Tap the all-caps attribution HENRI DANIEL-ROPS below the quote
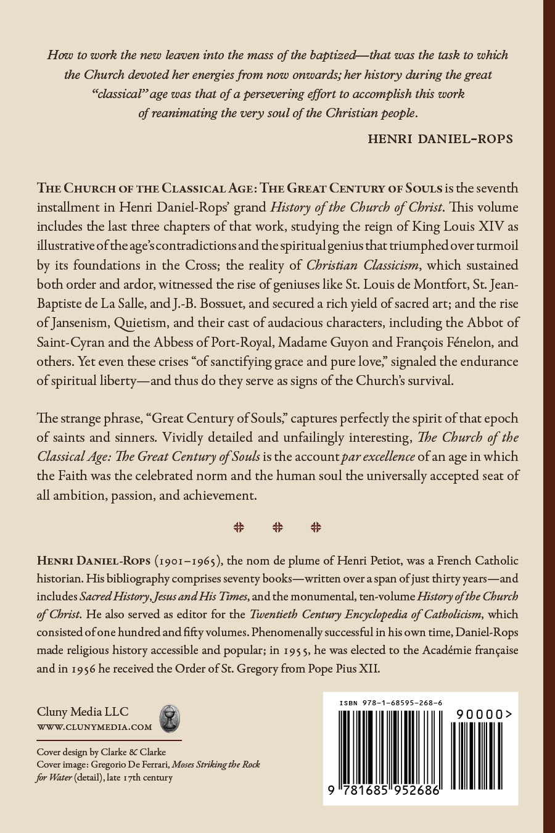click(x=440, y=138)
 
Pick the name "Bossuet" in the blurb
click(x=289, y=304)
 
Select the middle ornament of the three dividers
click(x=277, y=527)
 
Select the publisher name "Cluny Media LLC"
click(x=83, y=711)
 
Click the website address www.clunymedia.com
click(x=94, y=727)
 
